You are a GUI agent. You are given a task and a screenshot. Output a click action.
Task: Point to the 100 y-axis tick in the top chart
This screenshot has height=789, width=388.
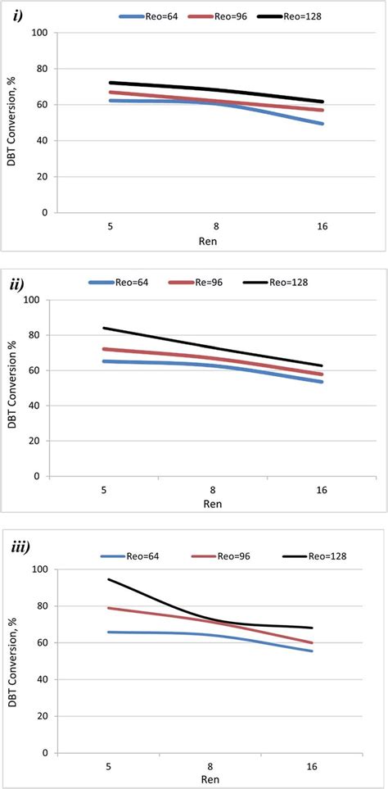tap(38, 33)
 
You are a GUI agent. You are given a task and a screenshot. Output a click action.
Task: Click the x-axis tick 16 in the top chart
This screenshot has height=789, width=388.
tap(323, 226)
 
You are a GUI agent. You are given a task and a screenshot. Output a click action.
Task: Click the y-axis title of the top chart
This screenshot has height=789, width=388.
tap(11, 123)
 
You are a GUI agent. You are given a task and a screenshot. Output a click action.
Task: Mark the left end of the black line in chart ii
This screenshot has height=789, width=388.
tap(102, 328)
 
